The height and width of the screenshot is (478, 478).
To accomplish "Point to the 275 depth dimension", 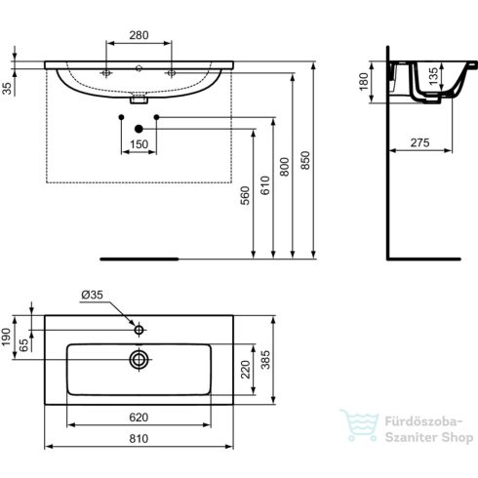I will tap(419, 143).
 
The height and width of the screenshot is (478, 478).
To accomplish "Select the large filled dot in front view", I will tap(138, 129).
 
